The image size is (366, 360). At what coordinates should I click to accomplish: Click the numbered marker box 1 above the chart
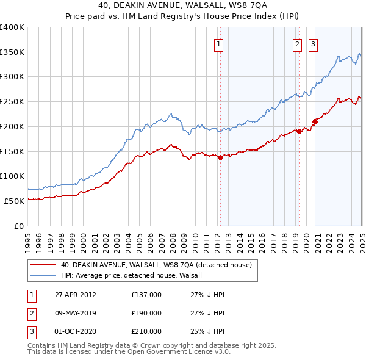(218, 43)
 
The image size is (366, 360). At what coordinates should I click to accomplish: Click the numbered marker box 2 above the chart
(297, 43)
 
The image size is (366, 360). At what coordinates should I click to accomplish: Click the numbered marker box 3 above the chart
(313, 43)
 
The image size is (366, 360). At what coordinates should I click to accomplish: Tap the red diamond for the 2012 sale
(220, 157)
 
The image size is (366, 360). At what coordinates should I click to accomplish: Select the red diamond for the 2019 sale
(300, 131)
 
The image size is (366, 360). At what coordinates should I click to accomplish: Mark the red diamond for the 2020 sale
(315, 121)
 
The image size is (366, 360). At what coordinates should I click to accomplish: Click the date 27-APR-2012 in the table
(75, 295)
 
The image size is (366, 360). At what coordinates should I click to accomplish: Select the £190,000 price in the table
(146, 313)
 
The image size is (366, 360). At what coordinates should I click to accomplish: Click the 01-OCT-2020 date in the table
(75, 331)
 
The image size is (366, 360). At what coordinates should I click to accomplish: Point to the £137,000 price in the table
(146, 295)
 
